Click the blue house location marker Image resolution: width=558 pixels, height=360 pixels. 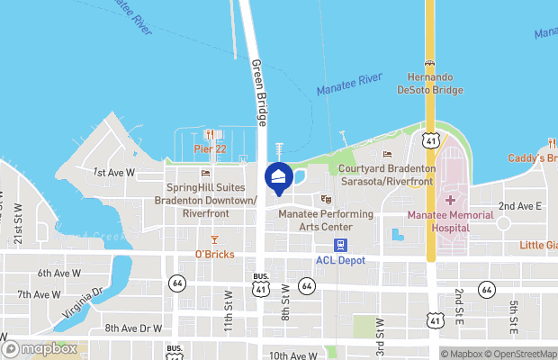coord(279,177)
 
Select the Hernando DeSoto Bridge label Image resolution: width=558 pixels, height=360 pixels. coord(429,83)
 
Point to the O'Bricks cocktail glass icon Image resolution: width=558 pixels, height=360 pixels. coord(214,239)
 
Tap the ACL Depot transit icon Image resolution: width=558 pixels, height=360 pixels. coord(340,245)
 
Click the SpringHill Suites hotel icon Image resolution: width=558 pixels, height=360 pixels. coord(205,174)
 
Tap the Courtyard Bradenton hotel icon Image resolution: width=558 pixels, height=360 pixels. coord(388,154)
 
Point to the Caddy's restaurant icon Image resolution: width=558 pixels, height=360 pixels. coord(550,143)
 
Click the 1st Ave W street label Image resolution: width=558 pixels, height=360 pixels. coord(113,171)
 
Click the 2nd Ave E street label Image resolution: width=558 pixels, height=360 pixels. coord(520,205)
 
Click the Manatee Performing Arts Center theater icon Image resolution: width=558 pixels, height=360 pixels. coord(326,199)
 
